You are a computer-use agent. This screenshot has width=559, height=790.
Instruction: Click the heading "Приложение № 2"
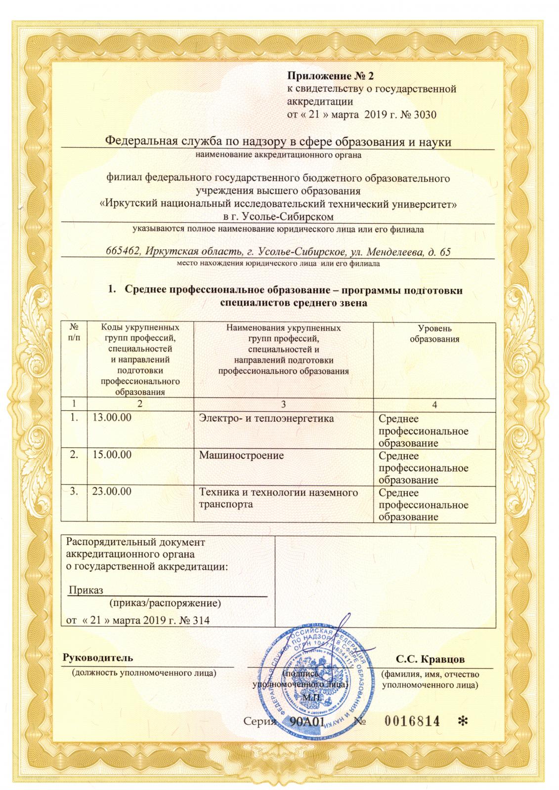pos(328,77)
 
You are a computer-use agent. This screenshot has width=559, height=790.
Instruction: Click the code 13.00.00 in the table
pos(112,418)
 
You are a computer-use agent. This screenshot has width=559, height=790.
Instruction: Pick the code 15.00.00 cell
pos(112,455)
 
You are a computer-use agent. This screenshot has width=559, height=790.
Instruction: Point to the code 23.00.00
pos(112,492)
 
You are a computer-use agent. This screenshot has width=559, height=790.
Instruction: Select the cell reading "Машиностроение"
pos(241,455)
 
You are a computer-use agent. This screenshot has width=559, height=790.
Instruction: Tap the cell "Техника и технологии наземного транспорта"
pos(278,498)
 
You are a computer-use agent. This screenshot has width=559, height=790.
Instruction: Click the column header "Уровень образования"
pos(434,334)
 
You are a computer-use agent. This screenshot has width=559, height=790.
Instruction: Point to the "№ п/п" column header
pos(75,331)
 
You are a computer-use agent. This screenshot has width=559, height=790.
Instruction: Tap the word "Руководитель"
pos(97,658)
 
